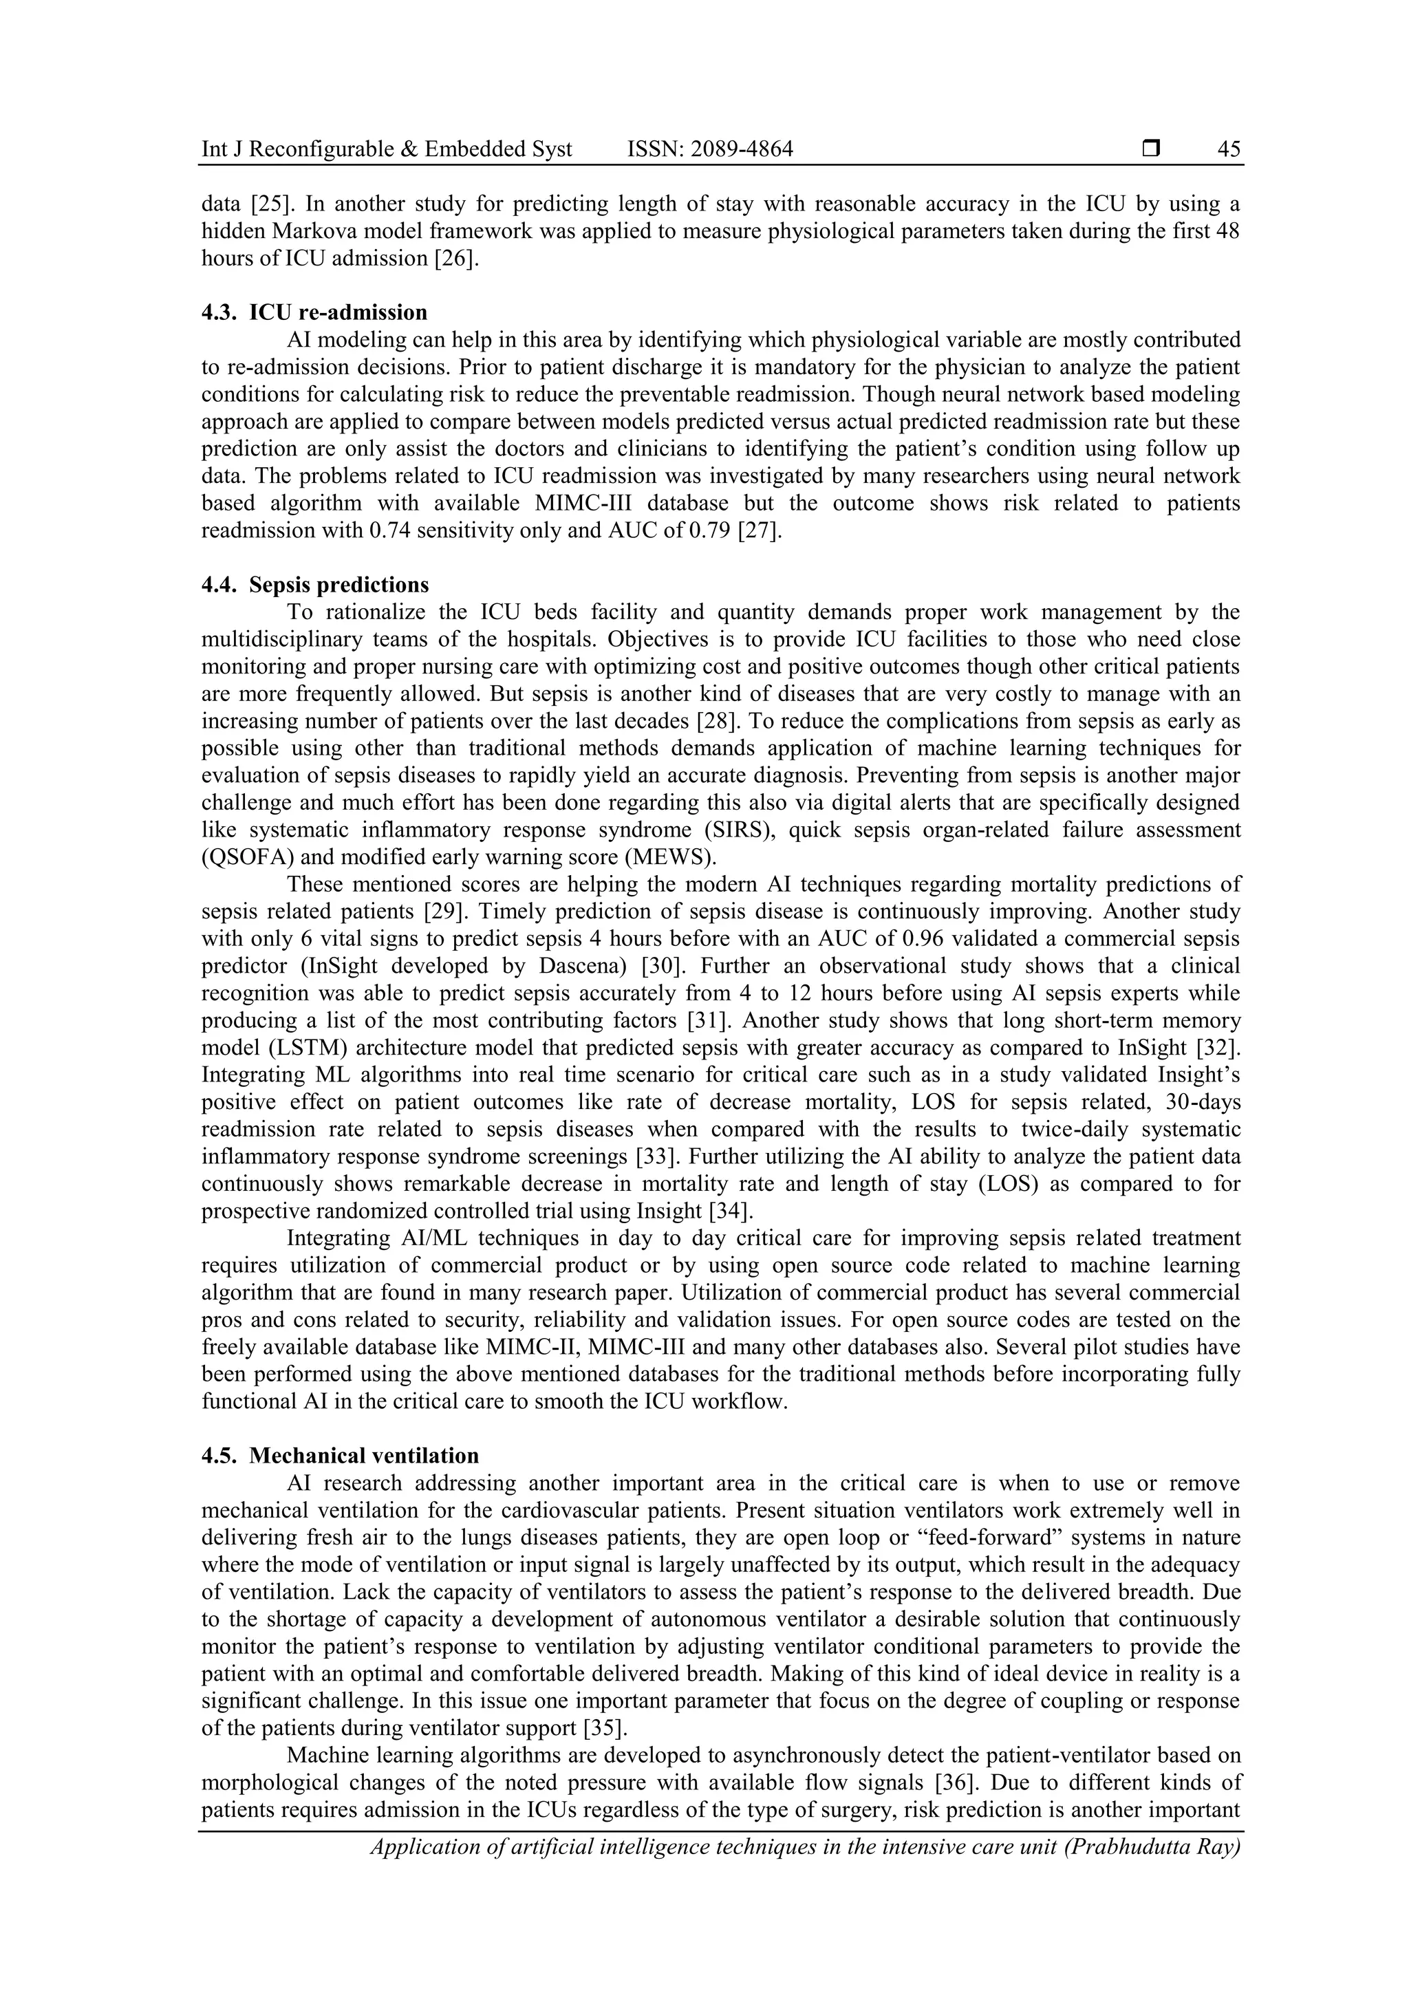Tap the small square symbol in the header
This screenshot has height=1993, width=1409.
[1151, 149]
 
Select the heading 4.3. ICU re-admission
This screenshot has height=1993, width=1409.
[314, 312]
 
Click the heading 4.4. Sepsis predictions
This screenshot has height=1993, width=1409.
[315, 584]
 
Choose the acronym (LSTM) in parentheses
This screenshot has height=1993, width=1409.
[282, 1048]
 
